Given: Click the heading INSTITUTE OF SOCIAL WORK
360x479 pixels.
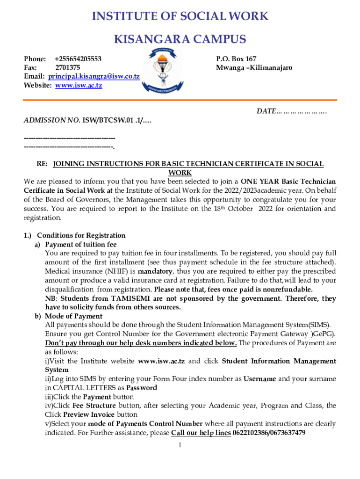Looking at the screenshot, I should (180, 16).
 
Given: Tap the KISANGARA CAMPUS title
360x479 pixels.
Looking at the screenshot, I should (180, 39).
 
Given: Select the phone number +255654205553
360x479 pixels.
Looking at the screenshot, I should (78, 59).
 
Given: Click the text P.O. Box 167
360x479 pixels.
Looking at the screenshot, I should (236, 59).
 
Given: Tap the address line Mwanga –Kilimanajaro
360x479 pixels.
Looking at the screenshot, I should (254, 68).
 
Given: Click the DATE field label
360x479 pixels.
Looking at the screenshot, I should (266, 112).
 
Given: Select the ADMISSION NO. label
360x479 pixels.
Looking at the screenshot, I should (52, 121).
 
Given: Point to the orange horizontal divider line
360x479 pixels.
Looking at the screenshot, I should (180, 100).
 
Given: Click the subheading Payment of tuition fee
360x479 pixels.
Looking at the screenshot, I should (81, 245).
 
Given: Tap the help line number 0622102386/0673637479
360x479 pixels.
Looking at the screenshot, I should (269, 433).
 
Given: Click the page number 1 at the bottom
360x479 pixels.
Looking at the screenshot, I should (180, 444).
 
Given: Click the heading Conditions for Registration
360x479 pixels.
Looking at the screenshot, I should (81, 235).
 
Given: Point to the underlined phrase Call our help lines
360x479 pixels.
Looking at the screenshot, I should (201, 433).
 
